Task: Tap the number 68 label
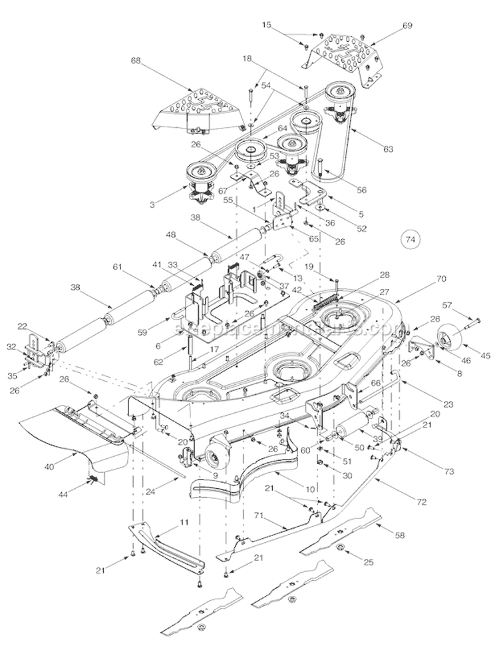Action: (x=136, y=61)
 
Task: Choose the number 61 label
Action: (x=118, y=266)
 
